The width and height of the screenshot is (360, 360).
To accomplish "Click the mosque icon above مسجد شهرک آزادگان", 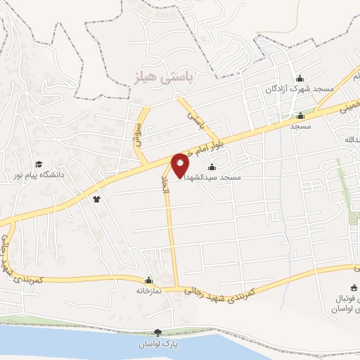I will [x=300, y=78].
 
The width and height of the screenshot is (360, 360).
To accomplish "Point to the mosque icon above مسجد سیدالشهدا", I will [x=212, y=167].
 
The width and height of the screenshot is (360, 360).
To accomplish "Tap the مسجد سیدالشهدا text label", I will [x=212, y=178].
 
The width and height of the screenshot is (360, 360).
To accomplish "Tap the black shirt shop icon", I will [x=96, y=199].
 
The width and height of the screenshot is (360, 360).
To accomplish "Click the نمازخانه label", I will [x=148, y=290].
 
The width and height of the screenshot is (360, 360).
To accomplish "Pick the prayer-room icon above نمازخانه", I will [x=148, y=280].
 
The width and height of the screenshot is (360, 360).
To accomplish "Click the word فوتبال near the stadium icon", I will [x=346, y=298].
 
